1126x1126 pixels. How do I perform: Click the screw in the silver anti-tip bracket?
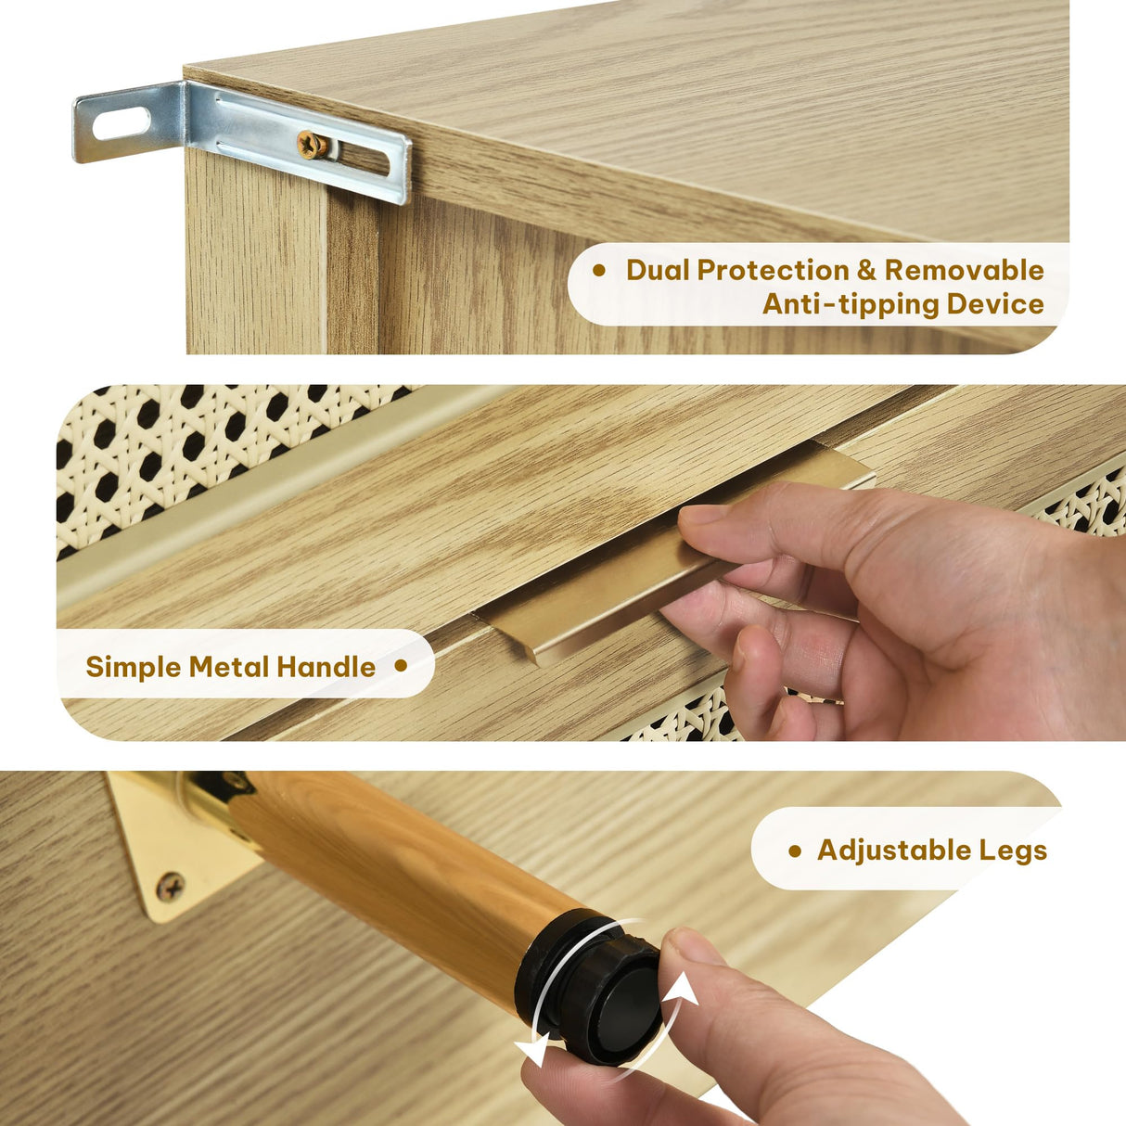[x=312, y=146]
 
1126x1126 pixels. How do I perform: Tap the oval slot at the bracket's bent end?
[x=121, y=123]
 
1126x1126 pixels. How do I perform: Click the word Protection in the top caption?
[x=773, y=271]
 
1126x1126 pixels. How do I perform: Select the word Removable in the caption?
[x=964, y=271]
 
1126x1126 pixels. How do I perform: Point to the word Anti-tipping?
[x=851, y=305]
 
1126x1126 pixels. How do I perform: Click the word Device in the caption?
[x=995, y=304]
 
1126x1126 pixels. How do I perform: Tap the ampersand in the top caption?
[x=866, y=271]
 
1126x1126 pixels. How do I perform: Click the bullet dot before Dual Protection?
[x=599, y=270]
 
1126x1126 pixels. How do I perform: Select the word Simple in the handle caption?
[x=134, y=667]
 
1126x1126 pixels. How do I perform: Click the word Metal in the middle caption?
[x=229, y=666]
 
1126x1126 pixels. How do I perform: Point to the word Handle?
[x=326, y=666]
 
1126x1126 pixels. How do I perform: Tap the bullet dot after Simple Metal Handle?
[x=401, y=666]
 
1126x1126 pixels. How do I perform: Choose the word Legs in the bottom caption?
[x=1014, y=851]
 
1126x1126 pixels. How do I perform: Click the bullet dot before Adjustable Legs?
[x=795, y=851]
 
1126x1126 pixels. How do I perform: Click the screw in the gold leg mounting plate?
[x=170, y=886]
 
